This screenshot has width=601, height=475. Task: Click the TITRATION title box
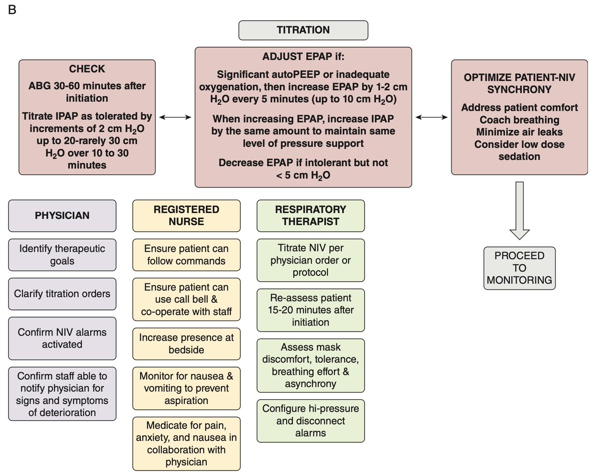coord(303,30)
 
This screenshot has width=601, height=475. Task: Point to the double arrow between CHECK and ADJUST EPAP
coord(175,117)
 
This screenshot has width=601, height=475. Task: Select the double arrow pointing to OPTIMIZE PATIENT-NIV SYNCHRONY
coord(432,117)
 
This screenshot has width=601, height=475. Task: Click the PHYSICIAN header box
coord(62,216)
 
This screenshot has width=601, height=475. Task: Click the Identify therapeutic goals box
coord(62,255)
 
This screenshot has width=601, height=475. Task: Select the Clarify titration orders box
coord(62,293)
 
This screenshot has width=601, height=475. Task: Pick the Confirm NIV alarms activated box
coord(62,338)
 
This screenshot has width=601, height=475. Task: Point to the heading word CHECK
coord(87,68)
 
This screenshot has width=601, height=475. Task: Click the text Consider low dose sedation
coord(519,150)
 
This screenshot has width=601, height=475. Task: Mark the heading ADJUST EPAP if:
coord(303,56)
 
